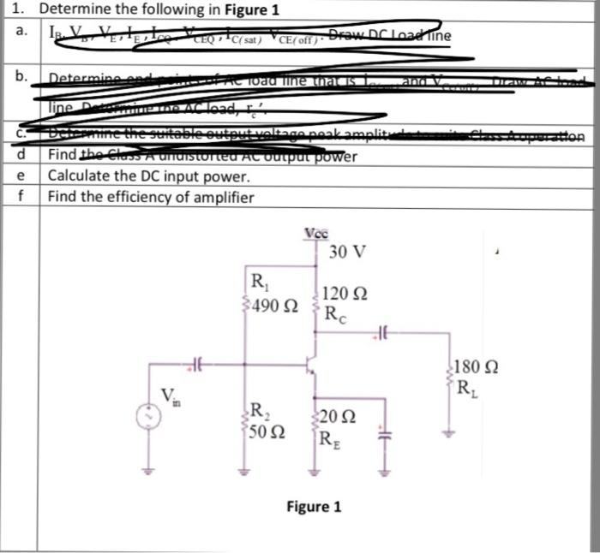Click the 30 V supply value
tap(347, 253)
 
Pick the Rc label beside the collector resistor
tap(336, 312)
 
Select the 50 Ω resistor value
tap(267, 428)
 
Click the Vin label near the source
tap(171, 395)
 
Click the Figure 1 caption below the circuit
tap(314, 507)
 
